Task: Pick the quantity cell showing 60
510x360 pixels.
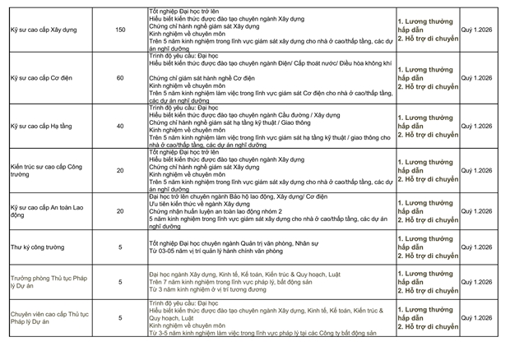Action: pyautogui.click(x=120, y=78)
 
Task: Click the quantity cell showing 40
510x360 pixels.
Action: pyautogui.click(x=120, y=126)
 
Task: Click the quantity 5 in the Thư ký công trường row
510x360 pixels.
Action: pyautogui.click(x=120, y=247)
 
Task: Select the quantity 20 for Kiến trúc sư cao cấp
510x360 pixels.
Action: pyautogui.click(x=120, y=170)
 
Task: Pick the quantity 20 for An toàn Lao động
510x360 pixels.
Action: pyautogui.click(x=120, y=211)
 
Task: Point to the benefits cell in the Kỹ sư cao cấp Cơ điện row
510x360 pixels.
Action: pyautogui.click(x=425, y=78)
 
